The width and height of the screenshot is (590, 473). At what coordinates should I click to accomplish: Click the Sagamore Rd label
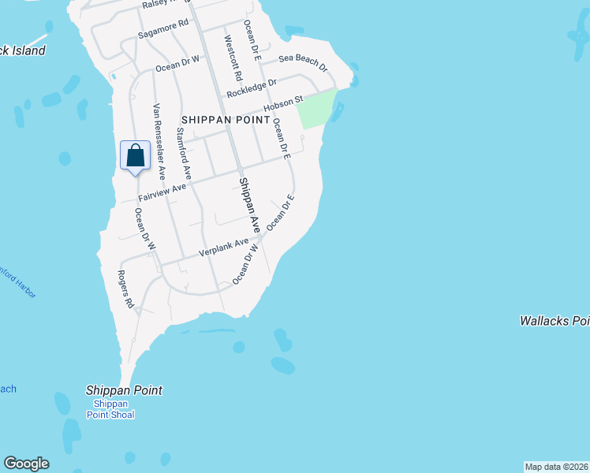pos(163,30)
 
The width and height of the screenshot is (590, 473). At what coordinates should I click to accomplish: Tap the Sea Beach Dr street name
pos(303,61)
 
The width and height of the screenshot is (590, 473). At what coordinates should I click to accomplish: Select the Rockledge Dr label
pos(252,88)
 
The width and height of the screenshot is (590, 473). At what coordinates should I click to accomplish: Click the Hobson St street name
pos(283,103)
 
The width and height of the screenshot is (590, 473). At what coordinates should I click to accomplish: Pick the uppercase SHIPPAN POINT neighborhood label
pos(225,119)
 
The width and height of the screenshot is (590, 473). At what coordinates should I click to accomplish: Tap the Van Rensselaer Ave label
pos(159,140)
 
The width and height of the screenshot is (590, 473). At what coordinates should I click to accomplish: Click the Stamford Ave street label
pos(184,155)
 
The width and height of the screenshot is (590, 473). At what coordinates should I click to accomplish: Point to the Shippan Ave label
pos(249,204)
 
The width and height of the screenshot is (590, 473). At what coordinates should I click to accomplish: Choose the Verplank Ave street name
pos(224,248)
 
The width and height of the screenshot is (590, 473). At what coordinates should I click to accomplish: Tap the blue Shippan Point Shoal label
pos(110,410)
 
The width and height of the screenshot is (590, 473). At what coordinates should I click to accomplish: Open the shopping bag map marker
pos(135,155)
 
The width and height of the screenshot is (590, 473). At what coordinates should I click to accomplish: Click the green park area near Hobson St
pos(317,110)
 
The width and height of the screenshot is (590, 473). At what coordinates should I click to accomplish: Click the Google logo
pos(26,464)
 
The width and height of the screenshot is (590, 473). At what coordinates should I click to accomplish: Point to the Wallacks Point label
pos(555,321)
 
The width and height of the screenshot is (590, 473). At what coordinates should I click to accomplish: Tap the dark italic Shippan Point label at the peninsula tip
pos(124,390)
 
